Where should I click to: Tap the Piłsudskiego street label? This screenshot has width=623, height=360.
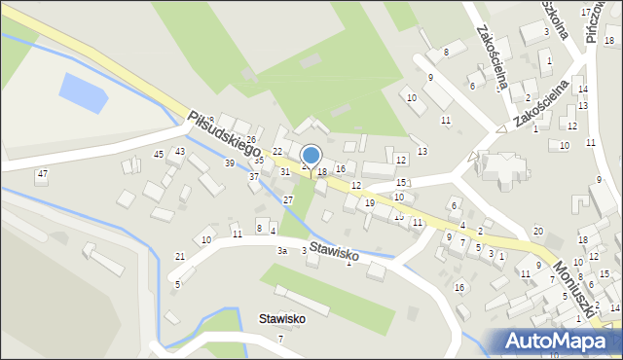[x=226, y=134]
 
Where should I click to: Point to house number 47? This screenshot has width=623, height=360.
[x=41, y=173]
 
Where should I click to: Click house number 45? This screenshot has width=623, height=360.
[x=159, y=154]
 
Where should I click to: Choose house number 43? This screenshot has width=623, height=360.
[x=180, y=152]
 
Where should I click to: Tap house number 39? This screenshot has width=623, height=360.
[x=230, y=162]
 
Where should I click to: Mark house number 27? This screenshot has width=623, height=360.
[x=288, y=199]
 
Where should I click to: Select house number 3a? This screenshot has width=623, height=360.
[x=281, y=251]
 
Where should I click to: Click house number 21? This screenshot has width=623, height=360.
[x=179, y=256]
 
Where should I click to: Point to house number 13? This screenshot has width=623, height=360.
[x=421, y=151]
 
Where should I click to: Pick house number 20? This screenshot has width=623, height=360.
[x=538, y=231]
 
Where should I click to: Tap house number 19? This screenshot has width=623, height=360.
[x=370, y=202]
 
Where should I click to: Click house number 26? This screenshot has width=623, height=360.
[x=251, y=140]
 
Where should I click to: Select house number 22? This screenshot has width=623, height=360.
[x=277, y=152]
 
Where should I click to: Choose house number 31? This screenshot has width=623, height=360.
[x=285, y=171]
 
